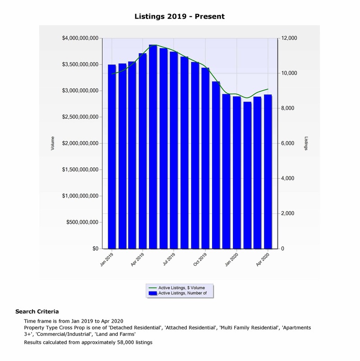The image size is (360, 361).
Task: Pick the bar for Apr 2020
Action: click(x=268, y=171)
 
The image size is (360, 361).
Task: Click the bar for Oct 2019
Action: click(x=205, y=158)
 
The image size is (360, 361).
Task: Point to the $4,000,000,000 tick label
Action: click(x=80, y=38)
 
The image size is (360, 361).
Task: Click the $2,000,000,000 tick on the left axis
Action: click(x=80, y=143)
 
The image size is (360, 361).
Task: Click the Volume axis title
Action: click(x=53, y=143)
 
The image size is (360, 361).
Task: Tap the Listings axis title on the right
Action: click(x=306, y=143)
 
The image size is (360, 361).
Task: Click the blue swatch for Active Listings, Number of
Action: click(x=153, y=293)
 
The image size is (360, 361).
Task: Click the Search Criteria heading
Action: click(x=37, y=312)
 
